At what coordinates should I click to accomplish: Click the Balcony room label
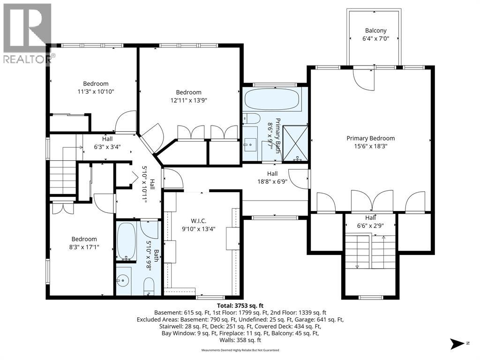[x=375, y=30]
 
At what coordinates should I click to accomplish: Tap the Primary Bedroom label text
[x=370, y=138]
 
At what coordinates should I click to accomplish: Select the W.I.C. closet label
[x=198, y=221]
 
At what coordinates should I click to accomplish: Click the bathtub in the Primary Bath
[x=272, y=99]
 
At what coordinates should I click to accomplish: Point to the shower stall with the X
[x=295, y=143]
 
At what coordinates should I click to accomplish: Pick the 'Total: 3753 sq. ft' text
[x=240, y=306]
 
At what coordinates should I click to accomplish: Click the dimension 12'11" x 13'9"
[x=189, y=100]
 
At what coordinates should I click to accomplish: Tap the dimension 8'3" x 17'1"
[x=84, y=247]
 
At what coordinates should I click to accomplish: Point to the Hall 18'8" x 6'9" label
[x=272, y=178]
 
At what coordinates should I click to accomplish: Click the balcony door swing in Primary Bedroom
[x=364, y=80]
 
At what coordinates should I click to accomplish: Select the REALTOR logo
[x=28, y=34]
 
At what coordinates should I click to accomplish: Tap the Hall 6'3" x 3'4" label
[x=107, y=143]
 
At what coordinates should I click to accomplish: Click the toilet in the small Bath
[x=149, y=285]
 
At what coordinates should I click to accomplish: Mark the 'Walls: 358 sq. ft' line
[x=240, y=340]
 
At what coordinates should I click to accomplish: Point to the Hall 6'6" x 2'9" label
[x=370, y=222]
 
